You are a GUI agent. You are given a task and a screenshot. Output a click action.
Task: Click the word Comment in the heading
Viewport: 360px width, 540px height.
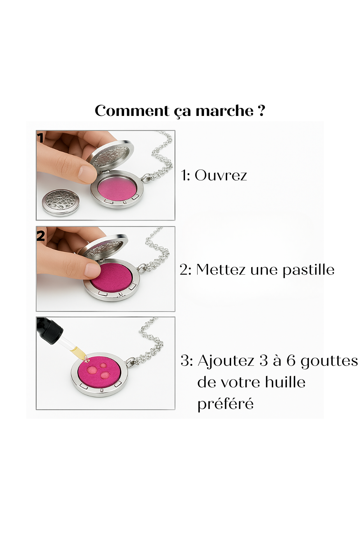(x=132, y=111)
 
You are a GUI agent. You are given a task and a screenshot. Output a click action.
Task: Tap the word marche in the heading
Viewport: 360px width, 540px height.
(x=225, y=111)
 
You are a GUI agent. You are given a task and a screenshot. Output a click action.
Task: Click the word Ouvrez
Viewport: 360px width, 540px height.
(x=221, y=175)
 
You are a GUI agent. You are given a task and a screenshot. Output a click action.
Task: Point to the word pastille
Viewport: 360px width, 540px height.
(x=309, y=270)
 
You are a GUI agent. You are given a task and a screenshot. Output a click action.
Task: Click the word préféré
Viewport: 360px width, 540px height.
(x=225, y=404)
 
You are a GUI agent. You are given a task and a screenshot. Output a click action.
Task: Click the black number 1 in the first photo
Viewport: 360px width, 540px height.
(x=40, y=138)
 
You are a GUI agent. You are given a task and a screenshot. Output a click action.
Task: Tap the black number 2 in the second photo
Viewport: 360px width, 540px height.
(x=41, y=235)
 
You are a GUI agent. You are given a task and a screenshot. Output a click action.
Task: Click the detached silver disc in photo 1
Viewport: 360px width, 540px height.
(x=60, y=202)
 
